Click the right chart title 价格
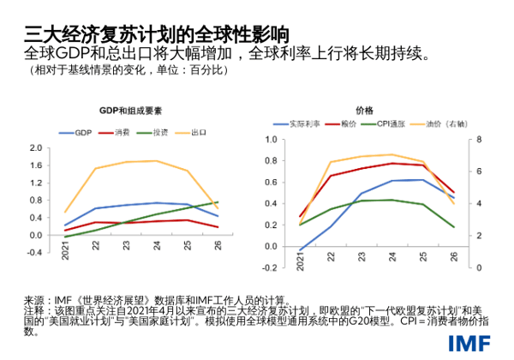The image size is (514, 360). tap(363, 111)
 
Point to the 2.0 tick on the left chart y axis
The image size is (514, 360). tap(35, 147)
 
